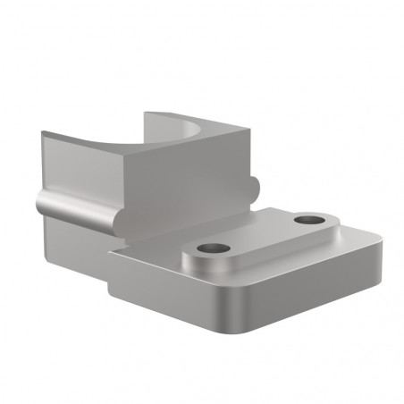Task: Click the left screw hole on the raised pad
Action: point(213,248)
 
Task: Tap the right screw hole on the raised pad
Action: point(309,218)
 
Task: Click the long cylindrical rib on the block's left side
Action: point(80,208)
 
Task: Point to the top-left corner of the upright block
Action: point(43,134)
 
